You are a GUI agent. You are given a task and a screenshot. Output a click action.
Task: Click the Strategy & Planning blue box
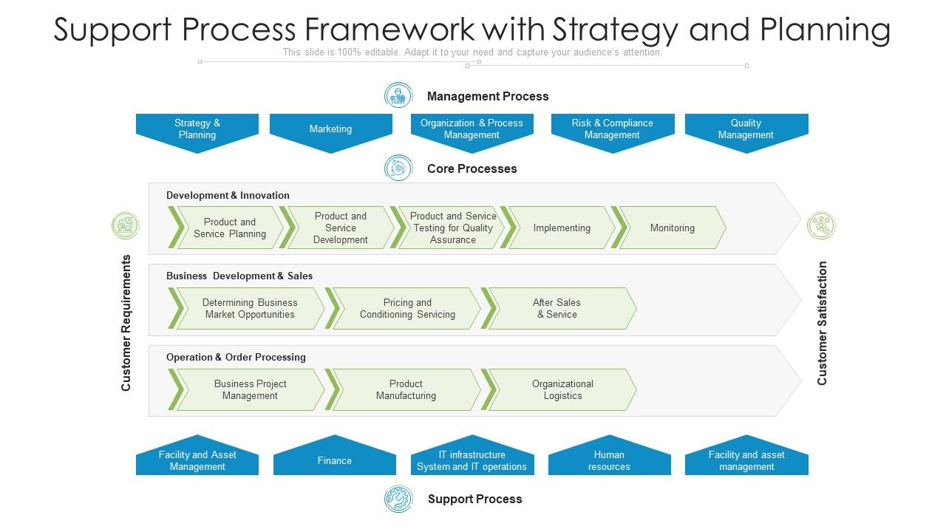point(197,129)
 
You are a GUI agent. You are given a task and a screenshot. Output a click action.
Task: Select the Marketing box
point(330,129)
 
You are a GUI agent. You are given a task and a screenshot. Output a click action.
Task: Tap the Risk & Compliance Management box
point(612,129)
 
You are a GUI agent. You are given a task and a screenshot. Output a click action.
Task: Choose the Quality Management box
point(746,129)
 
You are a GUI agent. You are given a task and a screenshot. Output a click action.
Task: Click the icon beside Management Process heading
point(398,95)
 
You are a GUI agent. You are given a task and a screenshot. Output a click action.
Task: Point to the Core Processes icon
point(398,168)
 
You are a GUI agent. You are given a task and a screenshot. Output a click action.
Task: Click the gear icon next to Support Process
point(398,499)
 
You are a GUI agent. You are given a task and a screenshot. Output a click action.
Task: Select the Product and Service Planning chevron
point(229,228)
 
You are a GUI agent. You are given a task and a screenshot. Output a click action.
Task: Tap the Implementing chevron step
point(562,228)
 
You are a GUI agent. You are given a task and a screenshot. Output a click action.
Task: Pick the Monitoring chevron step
point(672,228)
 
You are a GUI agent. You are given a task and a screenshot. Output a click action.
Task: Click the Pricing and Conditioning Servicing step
point(407,308)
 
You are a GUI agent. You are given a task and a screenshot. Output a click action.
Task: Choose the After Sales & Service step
point(557,308)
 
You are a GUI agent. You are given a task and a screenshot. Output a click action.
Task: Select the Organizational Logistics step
point(562,389)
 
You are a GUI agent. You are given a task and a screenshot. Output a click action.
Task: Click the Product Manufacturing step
point(406,389)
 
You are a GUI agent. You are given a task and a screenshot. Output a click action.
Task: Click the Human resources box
point(609,460)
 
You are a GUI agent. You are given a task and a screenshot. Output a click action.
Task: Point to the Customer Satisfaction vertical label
point(822,323)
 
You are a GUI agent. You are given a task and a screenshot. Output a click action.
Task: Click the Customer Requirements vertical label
point(126,323)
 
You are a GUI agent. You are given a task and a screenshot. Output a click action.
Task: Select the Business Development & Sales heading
point(239,276)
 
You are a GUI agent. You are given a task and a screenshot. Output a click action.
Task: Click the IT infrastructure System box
point(472,460)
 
